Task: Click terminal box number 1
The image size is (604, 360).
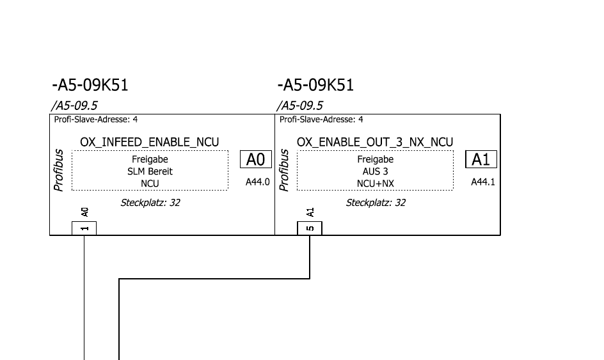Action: coord(84,228)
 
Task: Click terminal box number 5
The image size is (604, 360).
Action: coord(310,228)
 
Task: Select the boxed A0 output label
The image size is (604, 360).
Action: coord(257,159)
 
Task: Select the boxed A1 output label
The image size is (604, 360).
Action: coord(481,159)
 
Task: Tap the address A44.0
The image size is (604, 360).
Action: coord(258,182)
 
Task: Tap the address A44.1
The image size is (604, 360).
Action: coord(483,182)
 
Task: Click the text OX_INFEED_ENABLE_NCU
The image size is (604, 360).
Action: coord(150,142)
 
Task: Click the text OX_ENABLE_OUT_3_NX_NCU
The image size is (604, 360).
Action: coord(375,142)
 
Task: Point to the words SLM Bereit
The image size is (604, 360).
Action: coord(150,171)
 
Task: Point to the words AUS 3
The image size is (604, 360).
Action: coord(375,171)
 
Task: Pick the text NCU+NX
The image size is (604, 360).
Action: coord(375,184)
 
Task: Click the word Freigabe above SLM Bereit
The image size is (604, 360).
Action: coord(150,160)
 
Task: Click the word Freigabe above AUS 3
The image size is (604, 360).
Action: coord(375,160)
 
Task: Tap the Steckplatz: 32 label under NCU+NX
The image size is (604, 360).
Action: coord(376,203)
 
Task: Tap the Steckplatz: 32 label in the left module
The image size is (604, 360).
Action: coord(150,203)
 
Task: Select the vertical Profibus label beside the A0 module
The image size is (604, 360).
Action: coord(59,171)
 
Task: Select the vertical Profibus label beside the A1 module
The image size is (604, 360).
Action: coord(284,171)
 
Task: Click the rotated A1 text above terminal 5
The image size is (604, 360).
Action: coord(310,212)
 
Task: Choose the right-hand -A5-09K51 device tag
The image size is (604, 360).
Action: coord(315,85)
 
